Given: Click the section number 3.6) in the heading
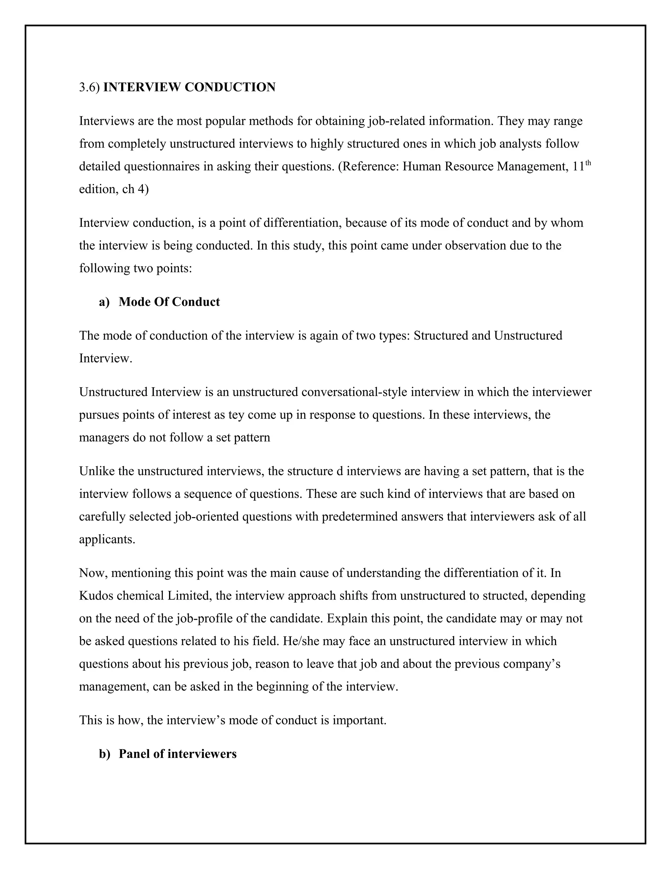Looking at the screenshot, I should pos(89,87).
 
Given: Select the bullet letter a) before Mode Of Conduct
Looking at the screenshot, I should pos(105,302).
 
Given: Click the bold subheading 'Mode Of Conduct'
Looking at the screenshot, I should pos(169,302).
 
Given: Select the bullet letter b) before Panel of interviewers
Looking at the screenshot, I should pos(105,754).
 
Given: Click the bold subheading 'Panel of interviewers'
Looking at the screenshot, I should pos(177,754).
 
